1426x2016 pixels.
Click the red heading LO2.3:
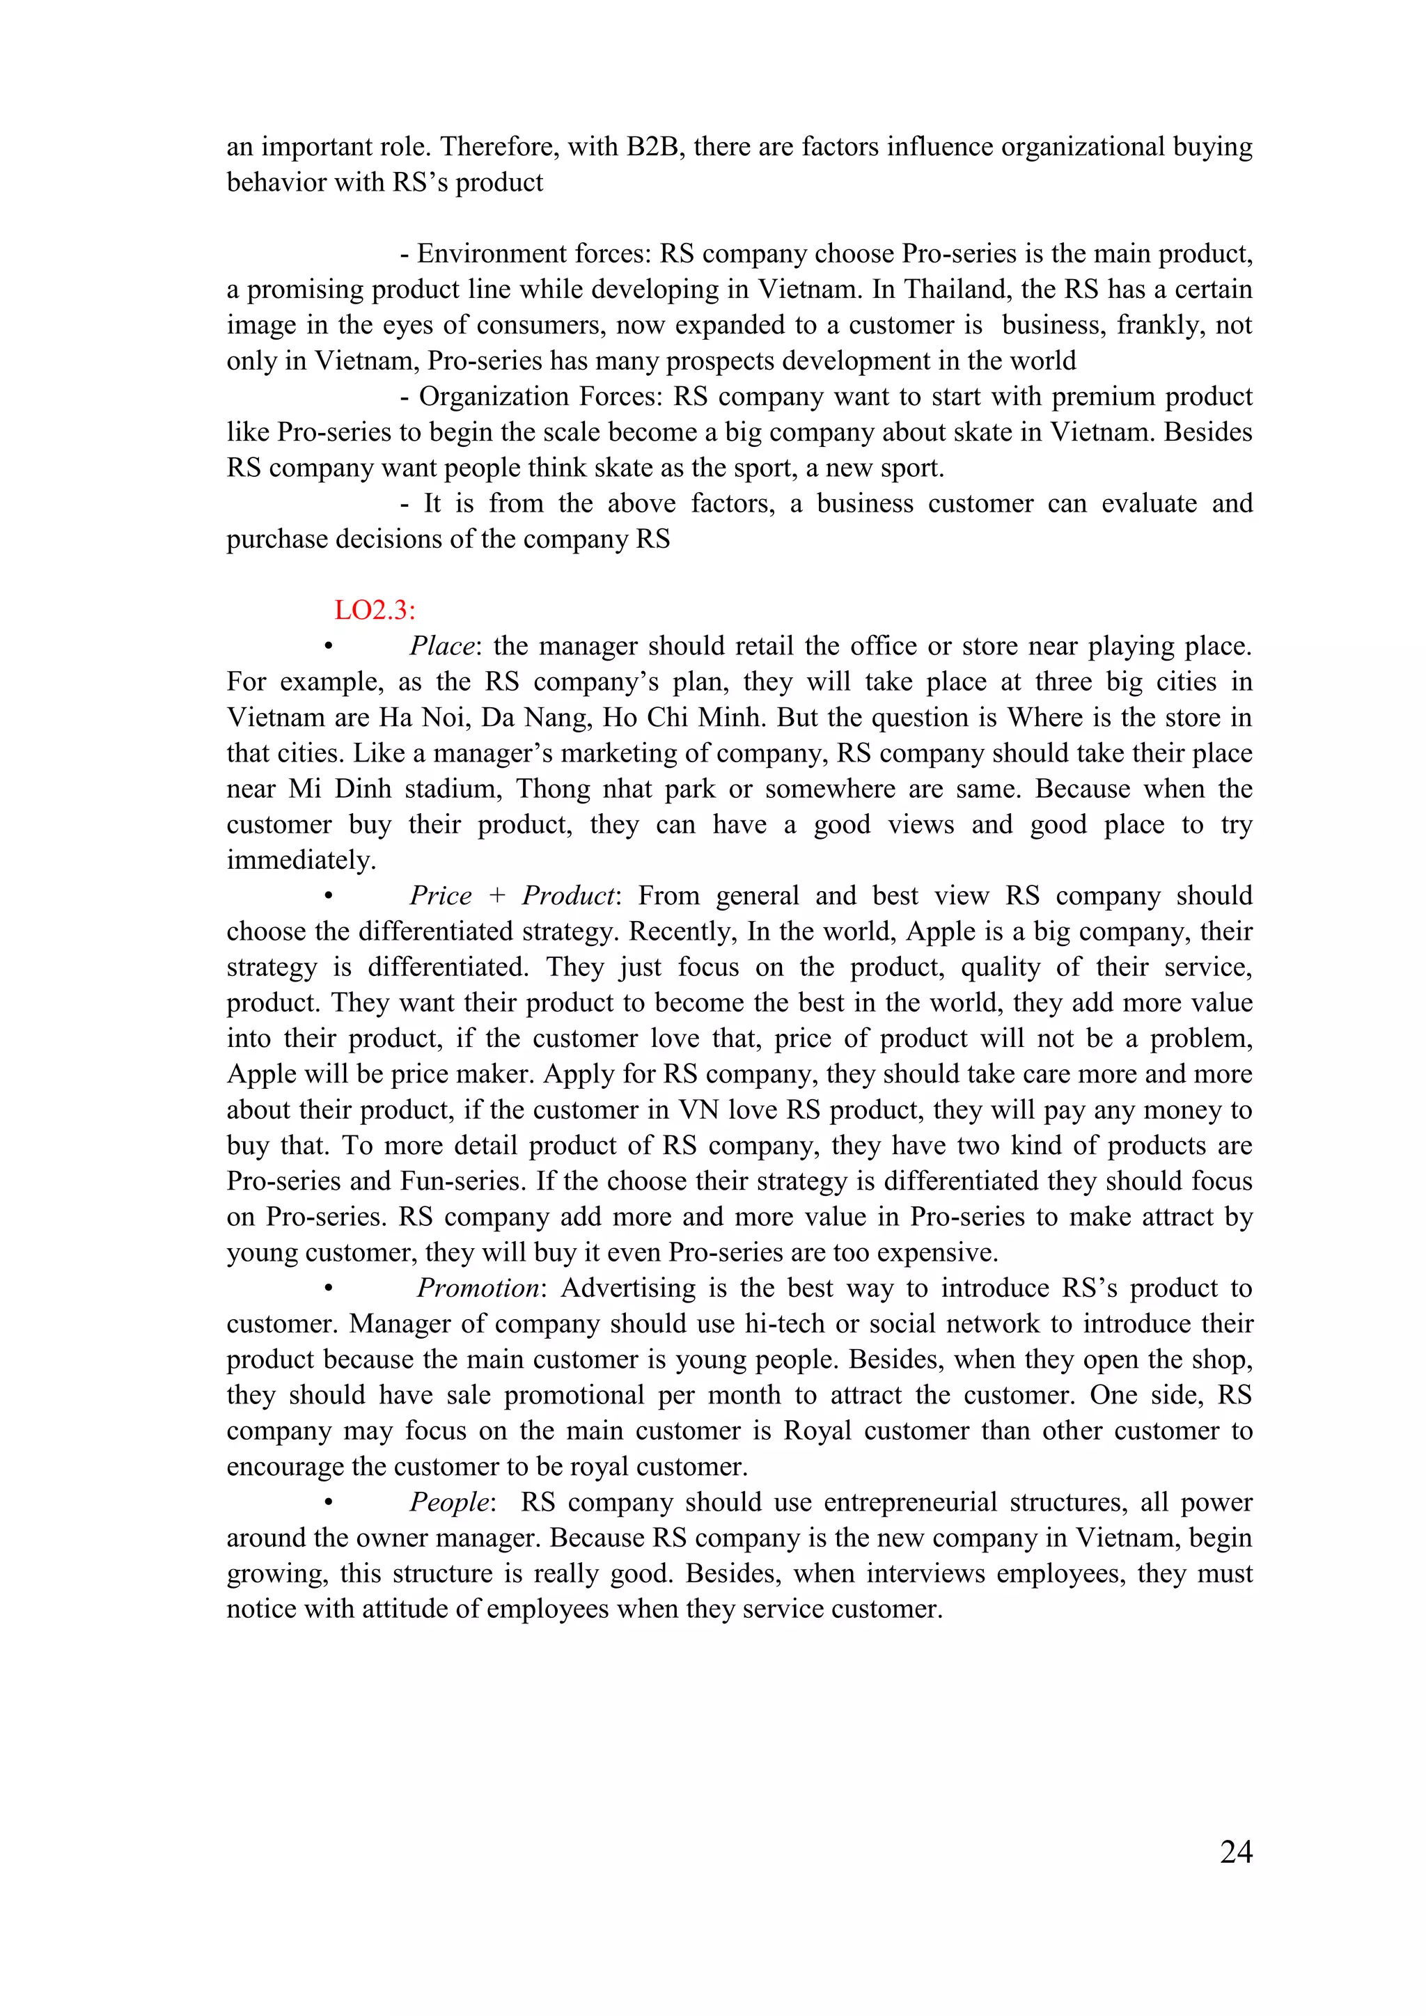click(375, 611)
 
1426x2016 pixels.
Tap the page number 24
click(1235, 1851)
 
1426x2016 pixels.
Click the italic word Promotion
click(478, 1288)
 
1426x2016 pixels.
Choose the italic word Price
click(441, 896)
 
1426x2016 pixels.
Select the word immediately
click(300, 860)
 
